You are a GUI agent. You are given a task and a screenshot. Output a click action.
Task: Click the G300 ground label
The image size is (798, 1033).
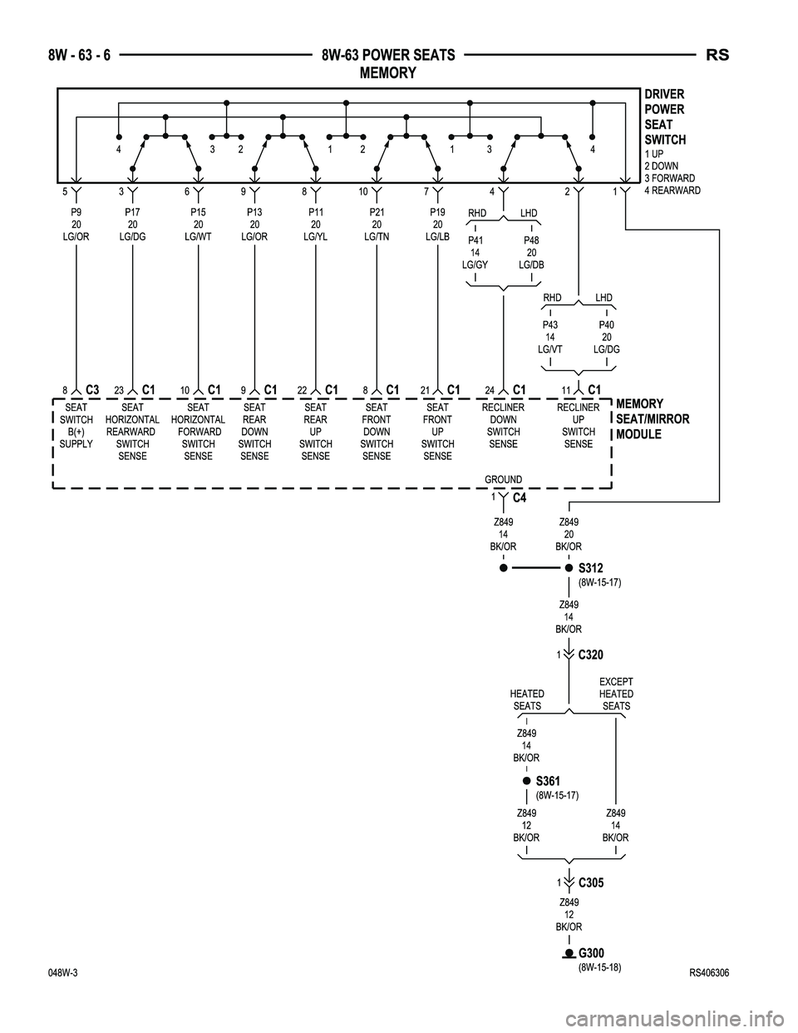point(591,952)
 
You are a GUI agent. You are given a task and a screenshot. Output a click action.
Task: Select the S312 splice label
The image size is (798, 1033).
point(590,568)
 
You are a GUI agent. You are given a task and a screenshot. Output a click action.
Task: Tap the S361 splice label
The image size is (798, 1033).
point(549,781)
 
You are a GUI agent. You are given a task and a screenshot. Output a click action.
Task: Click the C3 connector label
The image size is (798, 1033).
point(92,389)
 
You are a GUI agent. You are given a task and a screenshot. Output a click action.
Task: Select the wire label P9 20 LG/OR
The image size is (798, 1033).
point(76,225)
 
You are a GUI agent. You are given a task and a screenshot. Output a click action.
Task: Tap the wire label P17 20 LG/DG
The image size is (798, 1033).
point(132,225)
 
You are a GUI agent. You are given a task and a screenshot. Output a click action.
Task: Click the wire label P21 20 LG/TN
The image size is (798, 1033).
point(377,225)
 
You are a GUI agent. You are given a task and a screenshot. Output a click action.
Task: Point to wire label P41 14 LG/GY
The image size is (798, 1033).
point(475,252)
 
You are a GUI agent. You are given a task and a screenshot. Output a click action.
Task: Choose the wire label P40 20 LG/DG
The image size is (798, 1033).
point(607,337)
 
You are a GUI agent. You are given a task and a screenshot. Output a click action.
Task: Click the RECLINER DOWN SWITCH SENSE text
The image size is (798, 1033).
point(503,426)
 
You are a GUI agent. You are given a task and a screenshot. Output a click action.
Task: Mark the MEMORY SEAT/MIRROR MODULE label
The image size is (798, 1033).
point(653,419)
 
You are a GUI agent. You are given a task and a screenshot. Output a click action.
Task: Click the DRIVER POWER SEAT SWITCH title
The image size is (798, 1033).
point(664,116)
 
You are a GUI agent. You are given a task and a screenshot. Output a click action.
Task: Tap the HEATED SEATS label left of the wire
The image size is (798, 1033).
point(527,699)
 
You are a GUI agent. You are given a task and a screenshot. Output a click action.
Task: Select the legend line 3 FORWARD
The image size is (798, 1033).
point(670,178)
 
